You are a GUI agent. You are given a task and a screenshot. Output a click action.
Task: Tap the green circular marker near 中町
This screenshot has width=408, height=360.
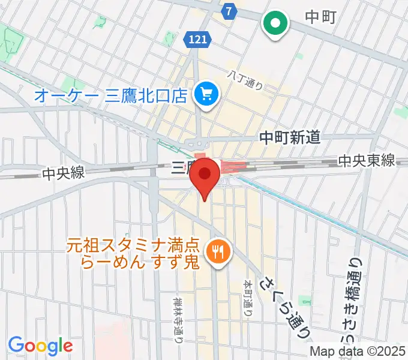point(276,24)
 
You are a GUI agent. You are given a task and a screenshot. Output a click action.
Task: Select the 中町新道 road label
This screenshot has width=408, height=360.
point(289,138)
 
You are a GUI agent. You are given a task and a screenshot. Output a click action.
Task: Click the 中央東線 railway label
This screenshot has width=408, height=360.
point(366,161)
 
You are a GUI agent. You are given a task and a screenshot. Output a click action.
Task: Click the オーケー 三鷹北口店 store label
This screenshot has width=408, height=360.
point(110,95)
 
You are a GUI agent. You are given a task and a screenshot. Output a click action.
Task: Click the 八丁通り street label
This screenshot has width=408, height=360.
point(245,79)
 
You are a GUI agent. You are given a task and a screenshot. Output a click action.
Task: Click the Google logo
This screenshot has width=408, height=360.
point(40,346)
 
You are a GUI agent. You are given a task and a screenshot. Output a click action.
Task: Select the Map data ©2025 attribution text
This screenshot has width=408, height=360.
point(358,352)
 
